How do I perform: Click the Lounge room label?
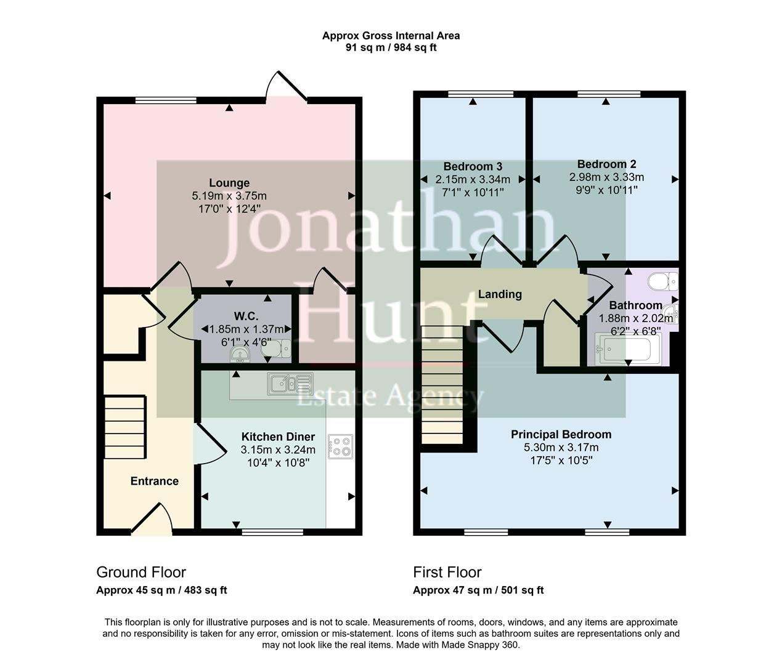point(229,183)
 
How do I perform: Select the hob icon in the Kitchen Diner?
point(341,446)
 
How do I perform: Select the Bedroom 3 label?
point(473,166)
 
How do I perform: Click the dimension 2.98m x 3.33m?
point(606,177)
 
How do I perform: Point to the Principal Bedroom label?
point(561,435)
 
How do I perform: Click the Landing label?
point(500,294)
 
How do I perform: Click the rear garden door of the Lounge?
point(285,86)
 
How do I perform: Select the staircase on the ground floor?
point(125,425)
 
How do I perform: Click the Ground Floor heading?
point(141,572)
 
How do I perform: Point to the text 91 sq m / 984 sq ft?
point(391,47)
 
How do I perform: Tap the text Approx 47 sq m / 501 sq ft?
point(478,590)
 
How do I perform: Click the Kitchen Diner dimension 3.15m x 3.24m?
point(278,449)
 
